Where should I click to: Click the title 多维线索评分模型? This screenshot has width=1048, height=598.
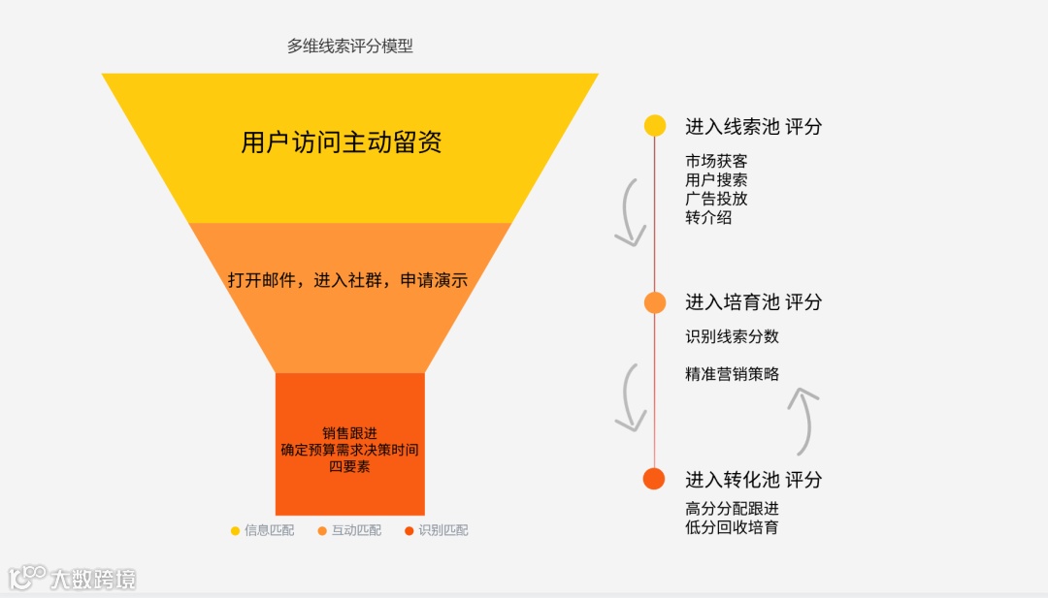[x=349, y=46]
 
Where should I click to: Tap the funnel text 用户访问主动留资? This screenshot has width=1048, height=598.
[x=342, y=142]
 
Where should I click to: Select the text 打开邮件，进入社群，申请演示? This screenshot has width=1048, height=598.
[x=347, y=281]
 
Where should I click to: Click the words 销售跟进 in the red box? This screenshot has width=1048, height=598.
[x=349, y=433]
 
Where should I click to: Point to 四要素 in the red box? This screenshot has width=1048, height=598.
[x=349, y=466]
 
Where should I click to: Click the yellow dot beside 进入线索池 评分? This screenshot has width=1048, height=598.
[x=655, y=126]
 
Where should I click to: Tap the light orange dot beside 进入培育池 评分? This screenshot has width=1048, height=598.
[x=655, y=302]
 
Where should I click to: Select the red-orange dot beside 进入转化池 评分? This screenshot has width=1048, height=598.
[x=655, y=479]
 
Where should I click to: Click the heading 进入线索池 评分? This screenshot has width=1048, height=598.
[x=753, y=126]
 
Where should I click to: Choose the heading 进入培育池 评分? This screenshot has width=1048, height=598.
[x=753, y=302]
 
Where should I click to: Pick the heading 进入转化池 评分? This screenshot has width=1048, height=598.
[x=753, y=479]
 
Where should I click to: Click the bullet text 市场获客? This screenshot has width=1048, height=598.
[x=716, y=161]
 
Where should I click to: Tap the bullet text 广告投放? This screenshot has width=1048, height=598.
[x=716, y=199]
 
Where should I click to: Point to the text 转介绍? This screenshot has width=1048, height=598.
[x=708, y=218]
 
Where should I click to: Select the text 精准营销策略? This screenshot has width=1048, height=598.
[x=732, y=374]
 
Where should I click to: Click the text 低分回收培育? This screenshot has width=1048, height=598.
[x=732, y=527]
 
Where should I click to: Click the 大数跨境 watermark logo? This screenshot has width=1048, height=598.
[x=73, y=579]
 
